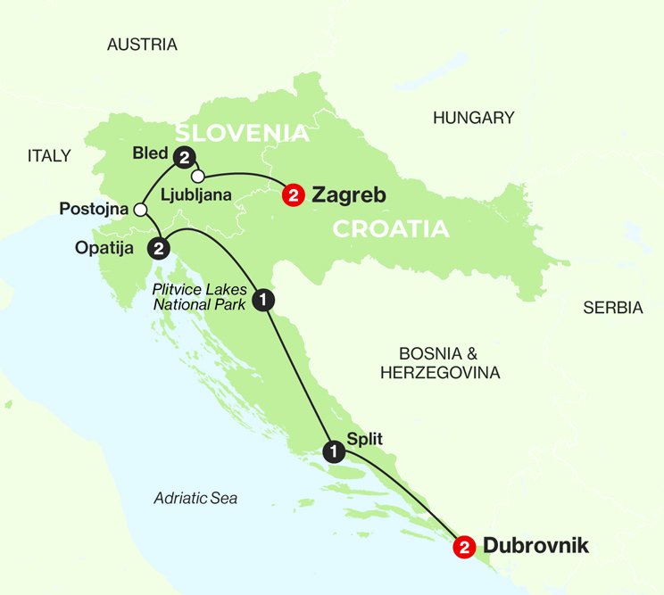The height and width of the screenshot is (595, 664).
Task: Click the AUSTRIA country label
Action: [142, 45]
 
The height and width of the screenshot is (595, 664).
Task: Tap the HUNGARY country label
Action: [473, 118]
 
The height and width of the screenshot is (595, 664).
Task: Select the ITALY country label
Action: [49, 156]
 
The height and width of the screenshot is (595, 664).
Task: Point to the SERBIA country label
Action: [612, 308]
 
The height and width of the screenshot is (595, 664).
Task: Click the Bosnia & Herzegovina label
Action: [440, 362]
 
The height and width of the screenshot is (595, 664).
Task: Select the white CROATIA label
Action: [390, 228]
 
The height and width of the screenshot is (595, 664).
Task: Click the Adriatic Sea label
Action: [195, 499]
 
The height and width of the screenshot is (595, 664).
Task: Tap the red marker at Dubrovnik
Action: [463, 547]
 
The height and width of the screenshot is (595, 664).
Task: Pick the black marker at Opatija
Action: [160, 247]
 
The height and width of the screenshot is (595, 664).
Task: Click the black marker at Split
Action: [334, 451]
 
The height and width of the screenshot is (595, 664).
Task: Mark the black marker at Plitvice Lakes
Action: [263, 300]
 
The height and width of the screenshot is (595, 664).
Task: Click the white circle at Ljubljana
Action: [198, 175]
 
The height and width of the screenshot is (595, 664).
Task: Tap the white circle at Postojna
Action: [139, 210]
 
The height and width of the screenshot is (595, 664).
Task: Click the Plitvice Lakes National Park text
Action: [201, 296]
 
